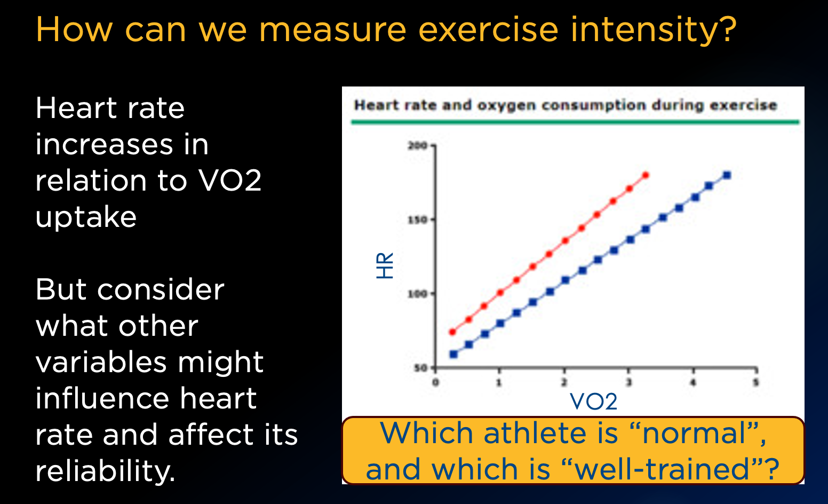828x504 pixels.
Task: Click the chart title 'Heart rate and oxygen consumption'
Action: (x=566, y=105)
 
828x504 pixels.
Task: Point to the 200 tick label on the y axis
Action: (x=417, y=146)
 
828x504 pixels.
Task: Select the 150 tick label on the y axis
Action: (x=417, y=220)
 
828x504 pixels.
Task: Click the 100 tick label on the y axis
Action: (x=417, y=294)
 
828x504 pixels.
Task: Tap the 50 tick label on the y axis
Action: (x=421, y=368)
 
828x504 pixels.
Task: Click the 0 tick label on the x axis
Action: (x=435, y=382)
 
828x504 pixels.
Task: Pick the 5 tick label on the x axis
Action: (x=756, y=382)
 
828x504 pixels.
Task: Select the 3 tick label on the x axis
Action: (x=628, y=382)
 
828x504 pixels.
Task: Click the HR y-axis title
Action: (x=385, y=266)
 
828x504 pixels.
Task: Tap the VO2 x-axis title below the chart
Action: (x=593, y=401)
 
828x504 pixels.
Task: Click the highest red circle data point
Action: (x=646, y=175)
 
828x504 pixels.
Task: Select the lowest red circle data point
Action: (x=452, y=332)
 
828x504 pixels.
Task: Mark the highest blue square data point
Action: (x=727, y=175)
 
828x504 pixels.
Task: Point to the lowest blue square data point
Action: (x=453, y=354)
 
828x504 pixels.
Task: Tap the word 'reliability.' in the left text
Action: (x=105, y=471)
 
